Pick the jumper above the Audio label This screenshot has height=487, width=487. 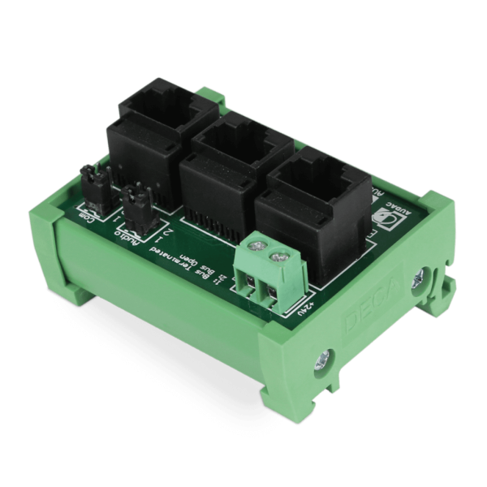point(136,203)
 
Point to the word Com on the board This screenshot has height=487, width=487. point(88,216)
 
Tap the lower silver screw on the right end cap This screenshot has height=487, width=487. point(325,358)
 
